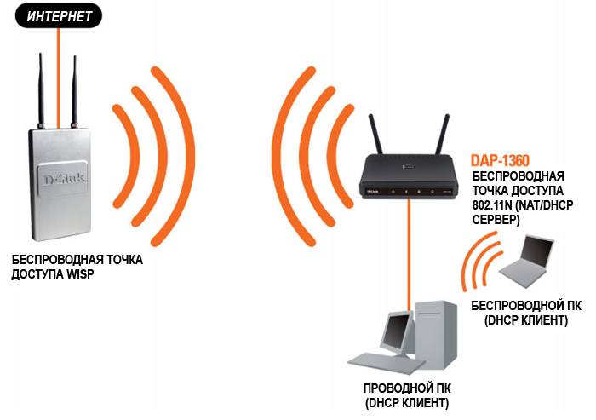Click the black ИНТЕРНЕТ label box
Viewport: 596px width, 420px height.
[x=56, y=15]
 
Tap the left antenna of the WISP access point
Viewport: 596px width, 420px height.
[x=41, y=85]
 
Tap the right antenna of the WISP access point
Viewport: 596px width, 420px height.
[x=74, y=85]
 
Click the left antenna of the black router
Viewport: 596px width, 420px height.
[x=372, y=133]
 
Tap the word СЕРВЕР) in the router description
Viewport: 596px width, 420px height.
[x=494, y=220]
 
